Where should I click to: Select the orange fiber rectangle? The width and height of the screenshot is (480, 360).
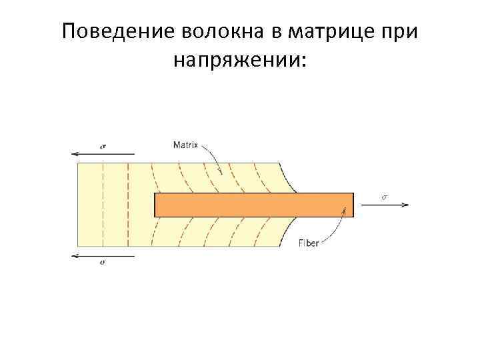tap(253, 205)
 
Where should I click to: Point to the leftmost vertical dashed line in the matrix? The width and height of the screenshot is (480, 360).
tap(103, 205)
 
